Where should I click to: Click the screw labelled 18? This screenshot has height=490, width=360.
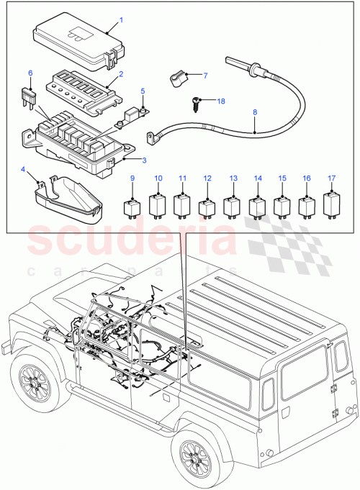pyautogui.click(x=197, y=104)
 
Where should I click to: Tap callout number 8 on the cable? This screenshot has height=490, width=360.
pyautogui.click(x=256, y=133)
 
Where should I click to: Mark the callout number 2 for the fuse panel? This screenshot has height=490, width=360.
pyautogui.click(x=121, y=73)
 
